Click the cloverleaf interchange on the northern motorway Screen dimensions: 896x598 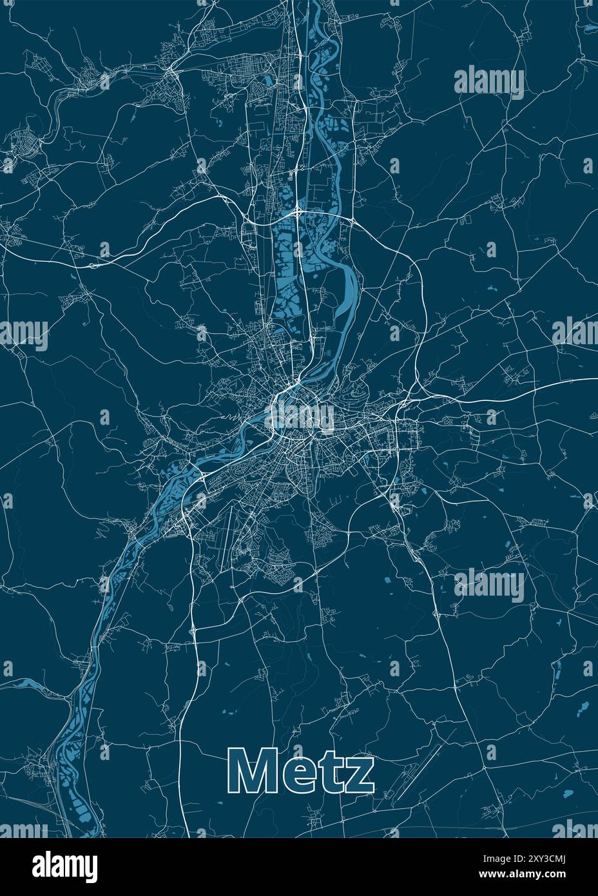pos(297,211)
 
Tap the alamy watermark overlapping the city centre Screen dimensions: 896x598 pos(300,416)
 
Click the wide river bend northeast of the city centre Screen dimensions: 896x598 pos(349,284)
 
